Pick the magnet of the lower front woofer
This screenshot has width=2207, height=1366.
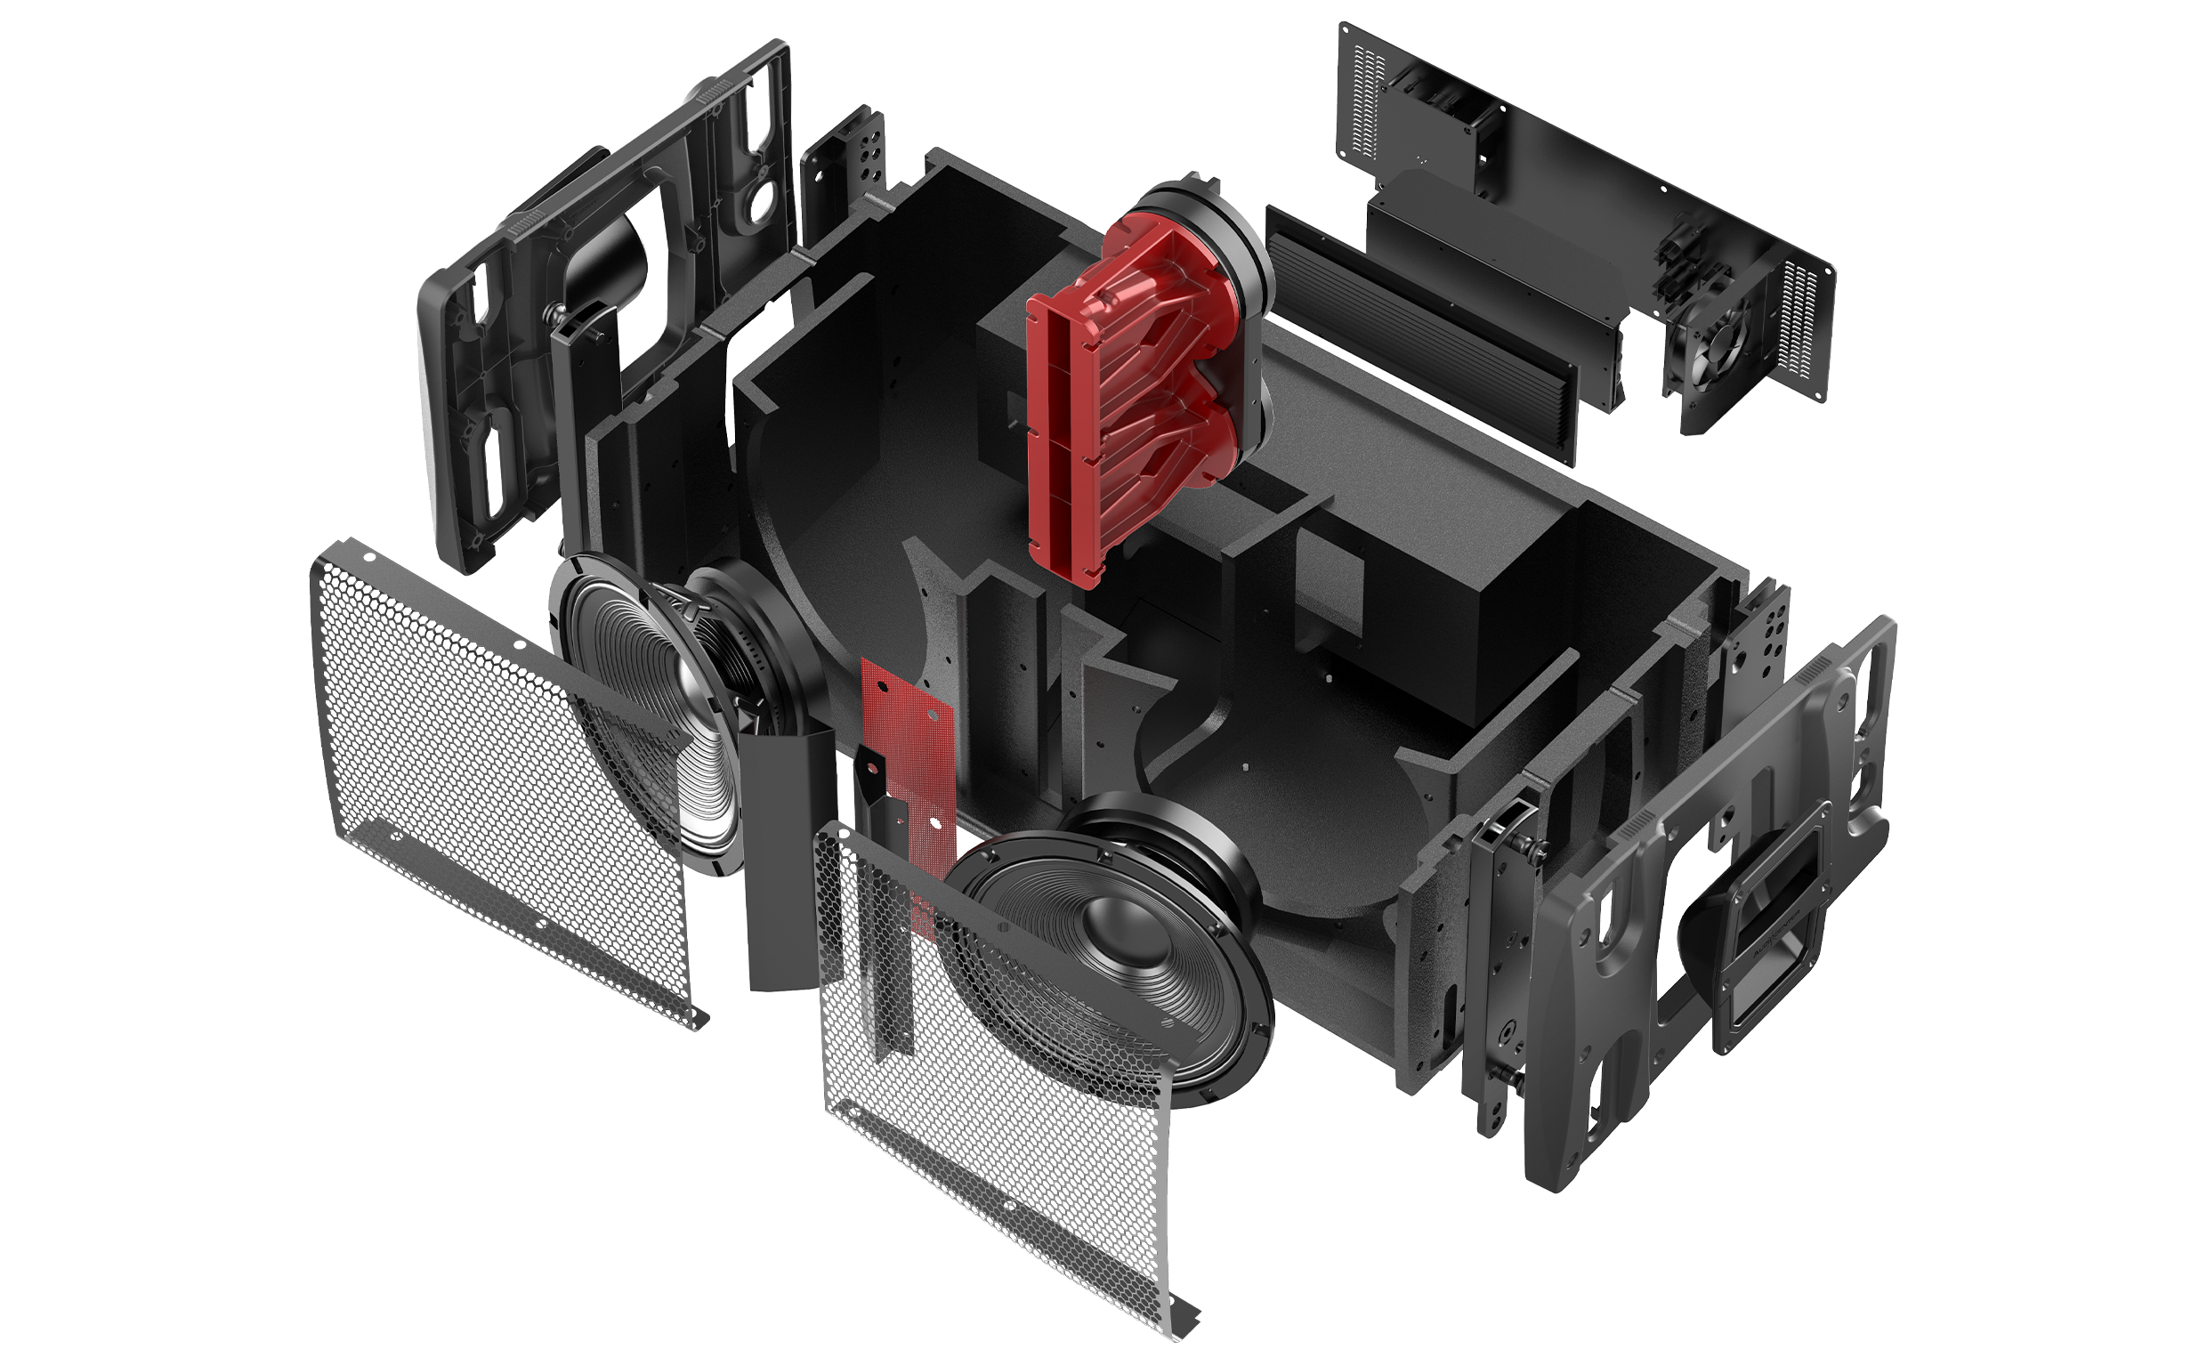click(x=1175, y=840)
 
